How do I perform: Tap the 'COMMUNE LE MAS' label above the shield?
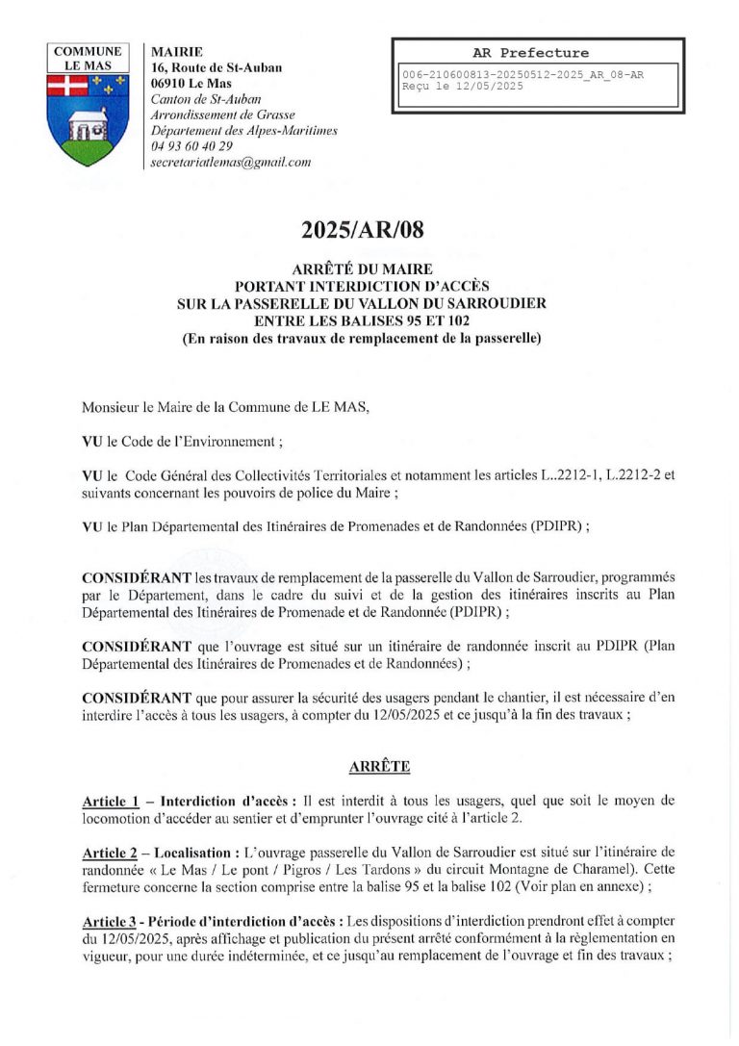pyautogui.click(x=88, y=59)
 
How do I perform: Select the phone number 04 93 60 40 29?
pyautogui.click(x=192, y=146)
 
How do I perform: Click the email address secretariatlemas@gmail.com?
pyautogui.click(x=231, y=163)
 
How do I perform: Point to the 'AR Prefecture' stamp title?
pyautogui.click(x=531, y=53)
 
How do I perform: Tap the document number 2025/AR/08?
pyautogui.click(x=362, y=230)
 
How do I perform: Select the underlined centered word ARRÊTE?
pyautogui.click(x=365, y=766)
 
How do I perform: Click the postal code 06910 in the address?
pyautogui.click(x=171, y=84)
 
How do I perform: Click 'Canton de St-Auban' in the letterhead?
pyautogui.click(x=206, y=99)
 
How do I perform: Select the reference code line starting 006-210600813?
pyautogui.click(x=522, y=74)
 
